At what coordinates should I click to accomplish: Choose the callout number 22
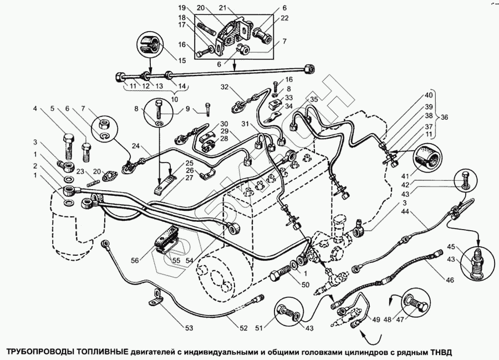(x=285, y=19)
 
